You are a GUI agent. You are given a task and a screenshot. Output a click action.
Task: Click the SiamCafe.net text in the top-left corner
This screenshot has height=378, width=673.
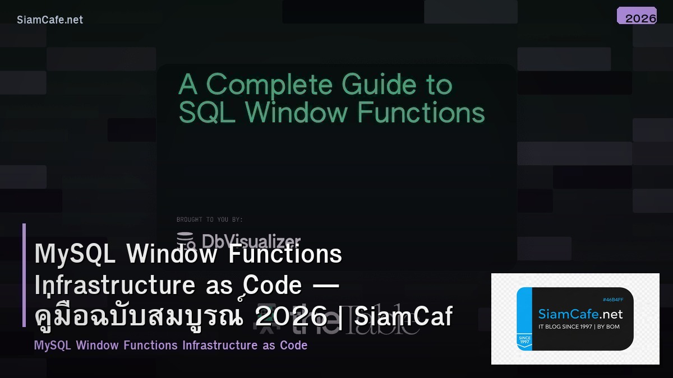point(50,20)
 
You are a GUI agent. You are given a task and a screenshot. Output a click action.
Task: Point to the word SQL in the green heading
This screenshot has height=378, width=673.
point(207,113)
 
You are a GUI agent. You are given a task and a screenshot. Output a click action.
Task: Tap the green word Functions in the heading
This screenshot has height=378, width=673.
point(421,113)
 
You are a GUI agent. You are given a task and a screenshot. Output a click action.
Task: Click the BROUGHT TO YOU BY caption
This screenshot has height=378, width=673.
point(210,220)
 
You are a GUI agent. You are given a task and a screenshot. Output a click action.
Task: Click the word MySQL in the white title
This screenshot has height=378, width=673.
point(75,254)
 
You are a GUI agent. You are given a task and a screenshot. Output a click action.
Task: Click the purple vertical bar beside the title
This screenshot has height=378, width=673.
point(24,274)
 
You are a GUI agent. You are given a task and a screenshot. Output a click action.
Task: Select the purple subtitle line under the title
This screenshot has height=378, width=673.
point(170,345)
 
